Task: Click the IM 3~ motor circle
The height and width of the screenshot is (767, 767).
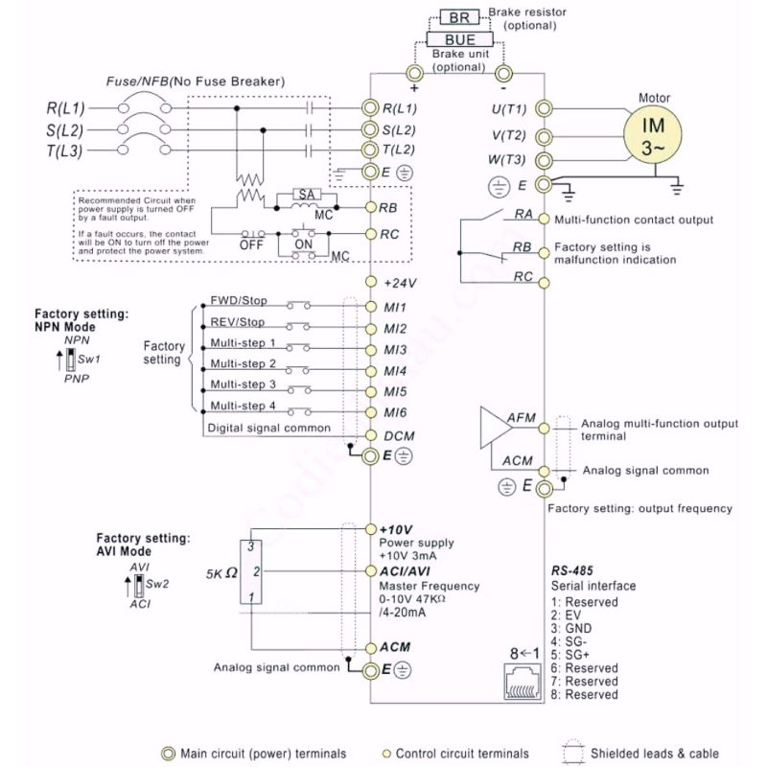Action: click(x=652, y=133)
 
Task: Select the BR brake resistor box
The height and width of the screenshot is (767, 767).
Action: click(x=459, y=17)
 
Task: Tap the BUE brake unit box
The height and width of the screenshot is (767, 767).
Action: click(x=459, y=39)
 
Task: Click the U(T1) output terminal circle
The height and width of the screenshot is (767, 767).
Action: click(x=544, y=108)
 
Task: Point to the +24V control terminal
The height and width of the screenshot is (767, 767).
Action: click(x=371, y=282)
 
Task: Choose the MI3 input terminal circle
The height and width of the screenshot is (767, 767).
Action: click(x=371, y=350)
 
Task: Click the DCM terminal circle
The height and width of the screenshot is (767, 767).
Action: click(x=371, y=435)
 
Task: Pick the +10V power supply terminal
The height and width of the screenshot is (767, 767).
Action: click(x=371, y=529)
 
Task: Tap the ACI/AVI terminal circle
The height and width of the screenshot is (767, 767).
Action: click(x=371, y=570)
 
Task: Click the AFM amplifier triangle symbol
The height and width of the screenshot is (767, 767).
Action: click(x=495, y=428)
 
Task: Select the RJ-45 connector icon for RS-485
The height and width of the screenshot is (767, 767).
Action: click(x=523, y=682)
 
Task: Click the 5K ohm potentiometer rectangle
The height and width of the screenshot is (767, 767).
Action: click(x=250, y=571)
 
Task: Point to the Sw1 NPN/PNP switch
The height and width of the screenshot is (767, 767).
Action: click(x=71, y=359)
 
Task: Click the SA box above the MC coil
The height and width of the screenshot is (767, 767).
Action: click(x=307, y=195)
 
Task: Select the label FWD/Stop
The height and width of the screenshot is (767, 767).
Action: click(x=239, y=300)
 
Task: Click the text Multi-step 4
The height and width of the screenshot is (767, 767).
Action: click(x=244, y=406)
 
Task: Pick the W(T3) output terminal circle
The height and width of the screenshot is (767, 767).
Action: click(x=544, y=160)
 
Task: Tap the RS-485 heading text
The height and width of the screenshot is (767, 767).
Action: click(x=571, y=570)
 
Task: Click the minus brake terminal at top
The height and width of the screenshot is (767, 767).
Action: click(x=504, y=75)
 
